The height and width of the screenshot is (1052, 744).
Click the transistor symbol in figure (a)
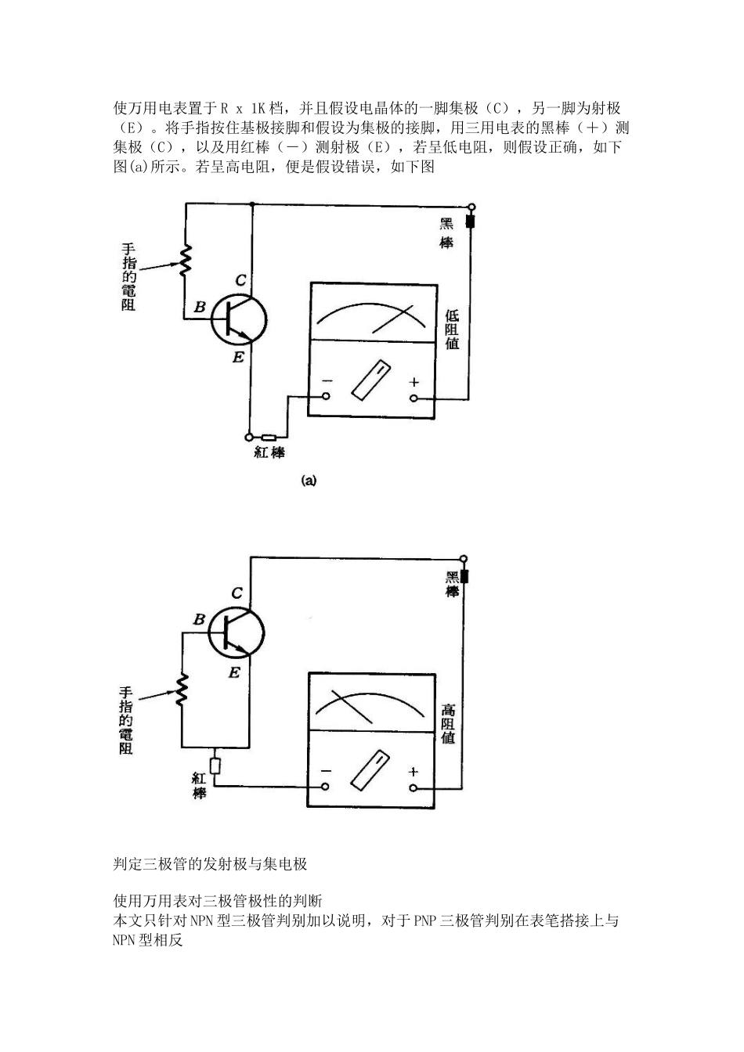pyautogui.click(x=239, y=320)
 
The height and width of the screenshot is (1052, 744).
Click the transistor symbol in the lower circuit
pyautogui.click(x=237, y=632)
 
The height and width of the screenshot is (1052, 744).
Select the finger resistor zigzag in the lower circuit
pyautogui.click(x=182, y=689)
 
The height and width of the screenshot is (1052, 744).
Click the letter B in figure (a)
pyautogui.click(x=200, y=307)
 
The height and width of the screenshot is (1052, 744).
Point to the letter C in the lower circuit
pyautogui.click(x=237, y=593)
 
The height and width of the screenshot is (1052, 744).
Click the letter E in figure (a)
pyautogui.click(x=238, y=358)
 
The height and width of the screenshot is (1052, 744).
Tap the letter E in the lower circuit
pyautogui.click(x=234, y=672)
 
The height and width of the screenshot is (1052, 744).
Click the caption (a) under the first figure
pyautogui.click(x=309, y=481)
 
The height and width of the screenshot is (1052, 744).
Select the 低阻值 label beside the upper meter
pyautogui.click(x=452, y=330)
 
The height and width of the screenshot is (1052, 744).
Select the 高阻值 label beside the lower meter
pyautogui.click(x=448, y=724)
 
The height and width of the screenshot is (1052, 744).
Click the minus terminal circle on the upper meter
pyautogui.click(x=326, y=396)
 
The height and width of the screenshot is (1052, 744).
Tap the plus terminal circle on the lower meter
pyautogui.click(x=414, y=788)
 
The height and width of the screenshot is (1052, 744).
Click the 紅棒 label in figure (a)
pyautogui.click(x=269, y=452)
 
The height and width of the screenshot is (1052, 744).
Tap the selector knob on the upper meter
pyautogui.click(x=370, y=380)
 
